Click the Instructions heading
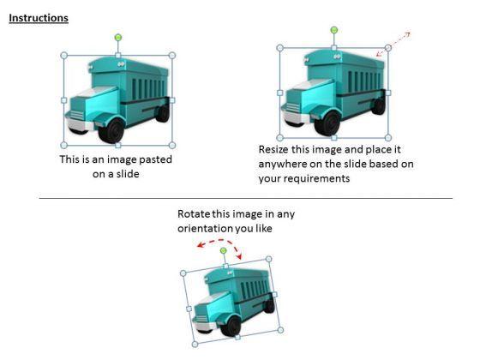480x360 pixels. pyautogui.click(x=39, y=18)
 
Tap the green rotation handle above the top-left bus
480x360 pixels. pyautogui.click(x=118, y=37)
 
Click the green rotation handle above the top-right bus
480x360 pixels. pyautogui.click(x=334, y=30)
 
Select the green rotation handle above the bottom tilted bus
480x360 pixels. pyautogui.click(x=223, y=250)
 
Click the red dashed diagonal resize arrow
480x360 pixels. pyautogui.click(x=399, y=40)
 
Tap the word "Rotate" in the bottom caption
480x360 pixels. pyautogui.click(x=194, y=213)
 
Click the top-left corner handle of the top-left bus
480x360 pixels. pyautogui.click(x=64, y=56)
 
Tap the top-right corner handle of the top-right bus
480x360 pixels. pyautogui.click(x=388, y=48)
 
